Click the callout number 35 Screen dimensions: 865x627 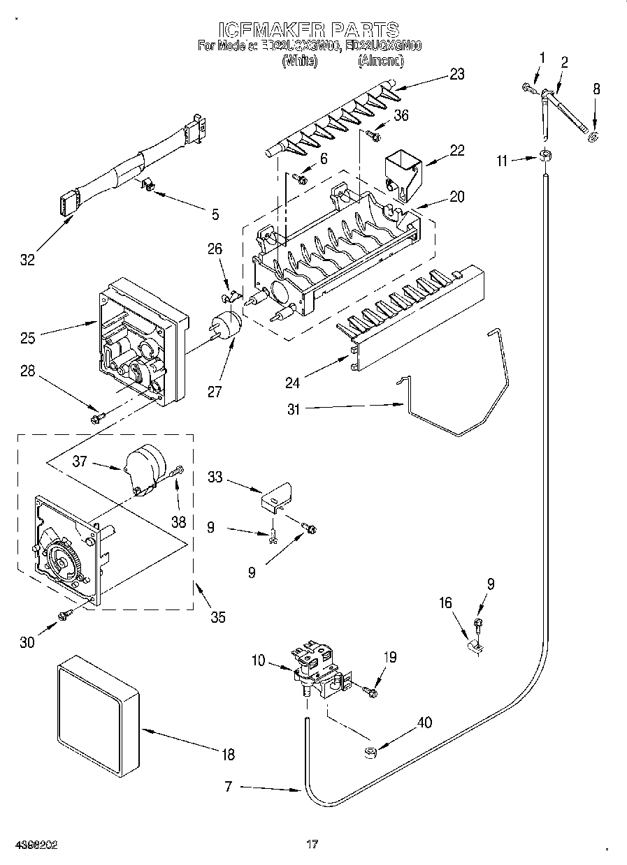tap(218, 616)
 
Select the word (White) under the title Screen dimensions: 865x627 tap(300, 61)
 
